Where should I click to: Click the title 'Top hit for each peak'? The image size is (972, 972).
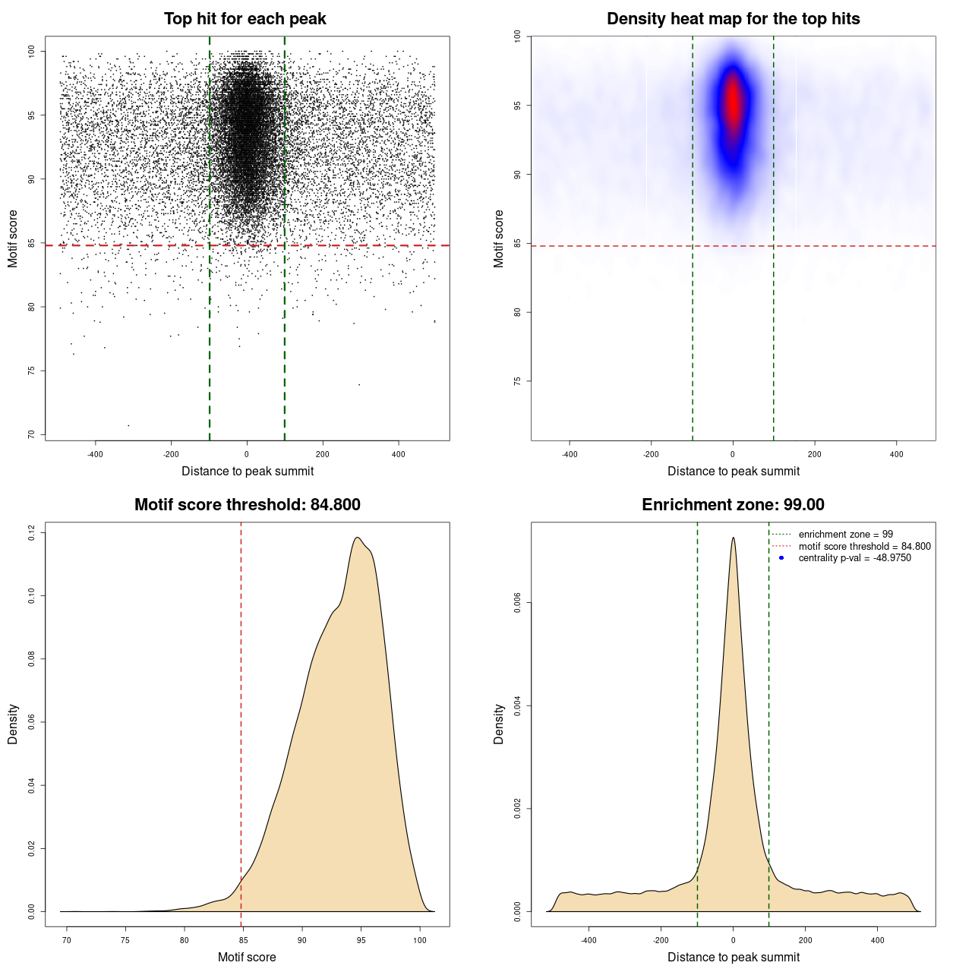click(x=245, y=19)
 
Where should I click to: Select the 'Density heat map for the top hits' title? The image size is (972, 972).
click(x=733, y=19)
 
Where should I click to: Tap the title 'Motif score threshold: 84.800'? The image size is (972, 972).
click(x=247, y=505)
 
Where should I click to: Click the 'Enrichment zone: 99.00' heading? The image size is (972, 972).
click(x=733, y=505)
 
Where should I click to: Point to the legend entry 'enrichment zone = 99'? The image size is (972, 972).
click(x=845, y=535)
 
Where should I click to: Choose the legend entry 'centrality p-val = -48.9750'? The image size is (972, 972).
click(x=854, y=558)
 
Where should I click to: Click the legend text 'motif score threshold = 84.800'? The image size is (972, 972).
click(x=864, y=547)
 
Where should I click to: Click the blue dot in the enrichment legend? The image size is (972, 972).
click(x=781, y=558)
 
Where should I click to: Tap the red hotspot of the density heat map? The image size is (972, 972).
click(x=733, y=103)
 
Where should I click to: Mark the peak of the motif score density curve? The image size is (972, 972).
click(x=357, y=538)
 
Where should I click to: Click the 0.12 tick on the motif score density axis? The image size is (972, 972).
click(x=31, y=533)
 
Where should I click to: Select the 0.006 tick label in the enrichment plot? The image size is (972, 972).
click(x=517, y=603)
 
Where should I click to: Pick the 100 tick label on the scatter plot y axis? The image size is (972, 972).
click(x=31, y=51)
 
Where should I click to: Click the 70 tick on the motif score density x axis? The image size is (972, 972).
click(x=67, y=940)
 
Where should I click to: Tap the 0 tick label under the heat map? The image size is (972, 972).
click(x=733, y=454)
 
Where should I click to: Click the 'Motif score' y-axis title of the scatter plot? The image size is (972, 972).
click(x=13, y=238)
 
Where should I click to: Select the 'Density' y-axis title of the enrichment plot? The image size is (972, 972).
click(x=499, y=724)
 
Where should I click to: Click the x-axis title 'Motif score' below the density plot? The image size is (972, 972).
click(x=247, y=957)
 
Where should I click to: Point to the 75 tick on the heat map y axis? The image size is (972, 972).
click(x=517, y=381)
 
